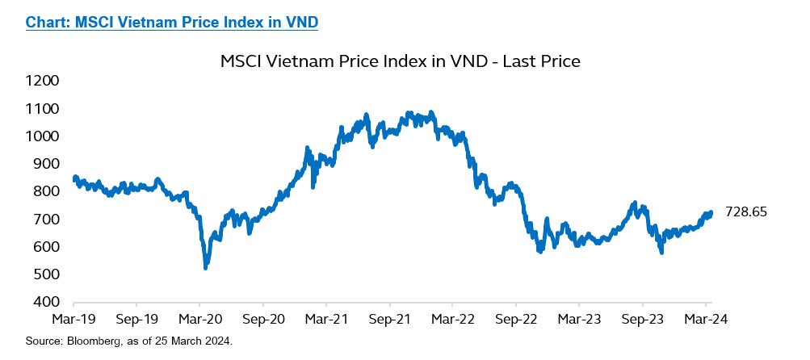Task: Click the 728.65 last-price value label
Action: pos(746,212)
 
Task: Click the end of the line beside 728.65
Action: pos(711,213)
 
